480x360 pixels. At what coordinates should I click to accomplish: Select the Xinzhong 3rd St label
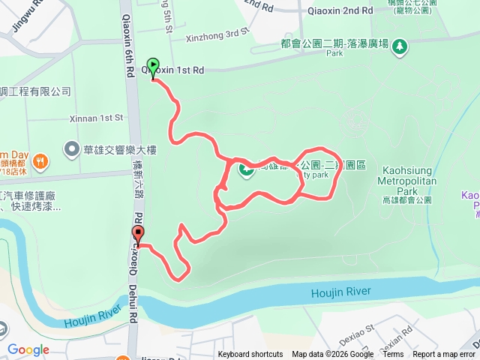click(x=217, y=33)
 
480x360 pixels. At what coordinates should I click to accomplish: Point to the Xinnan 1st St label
click(x=94, y=118)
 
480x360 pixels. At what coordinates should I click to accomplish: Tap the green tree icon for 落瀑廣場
click(x=400, y=46)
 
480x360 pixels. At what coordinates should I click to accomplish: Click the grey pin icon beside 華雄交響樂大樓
click(x=71, y=148)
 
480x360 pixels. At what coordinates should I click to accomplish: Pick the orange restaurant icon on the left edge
click(x=40, y=160)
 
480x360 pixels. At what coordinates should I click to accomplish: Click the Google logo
click(x=28, y=349)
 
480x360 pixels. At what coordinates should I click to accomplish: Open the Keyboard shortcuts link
click(x=250, y=355)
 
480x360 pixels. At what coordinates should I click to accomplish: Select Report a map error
click(x=445, y=355)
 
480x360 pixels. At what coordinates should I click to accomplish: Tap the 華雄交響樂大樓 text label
click(x=119, y=148)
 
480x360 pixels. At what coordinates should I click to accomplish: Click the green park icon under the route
click(x=245, y=170)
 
